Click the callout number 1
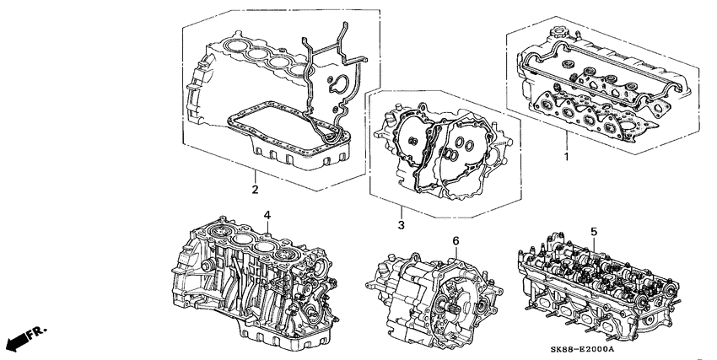[566, 158]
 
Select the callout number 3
[402, 225]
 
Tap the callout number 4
[266, 216]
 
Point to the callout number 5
[594, 230]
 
